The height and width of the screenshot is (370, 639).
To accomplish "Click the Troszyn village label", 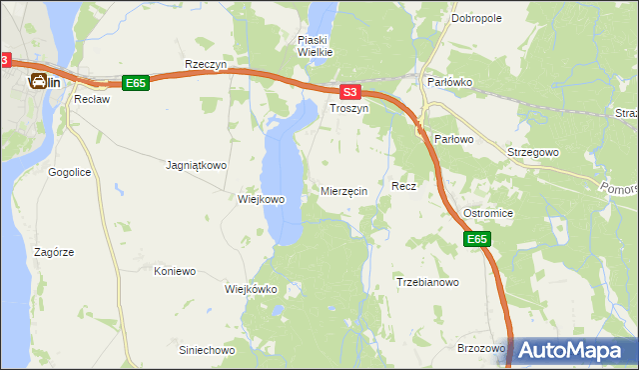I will [349, 107].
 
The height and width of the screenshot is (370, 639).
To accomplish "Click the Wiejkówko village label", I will [251, 289].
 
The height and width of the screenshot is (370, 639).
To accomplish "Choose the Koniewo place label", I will [175, 271].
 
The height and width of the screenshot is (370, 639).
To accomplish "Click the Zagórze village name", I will [53, 253].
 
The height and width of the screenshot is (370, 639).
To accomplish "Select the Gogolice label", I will [70, 172].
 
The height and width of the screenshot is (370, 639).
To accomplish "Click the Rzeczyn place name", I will [207, 64].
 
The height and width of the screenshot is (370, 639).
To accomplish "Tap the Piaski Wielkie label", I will [315, 46].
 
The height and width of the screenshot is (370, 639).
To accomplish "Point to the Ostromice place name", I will [488, 215].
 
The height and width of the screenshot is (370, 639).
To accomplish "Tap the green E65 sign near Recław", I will [136, 84].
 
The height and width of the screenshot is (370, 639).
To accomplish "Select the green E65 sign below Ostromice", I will [477, 239].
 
